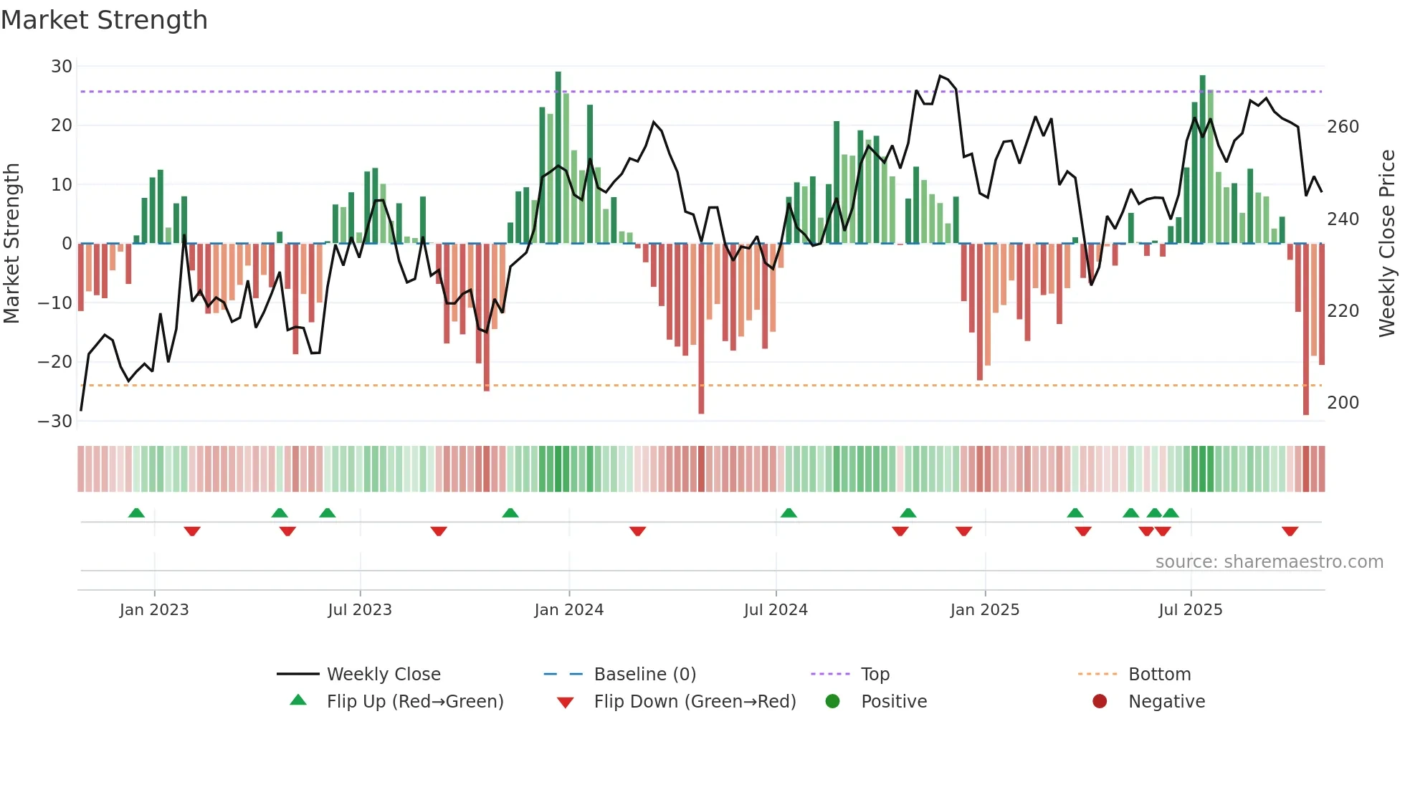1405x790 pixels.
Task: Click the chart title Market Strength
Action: click(105, 20)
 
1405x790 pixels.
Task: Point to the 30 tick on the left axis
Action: click(62, 67)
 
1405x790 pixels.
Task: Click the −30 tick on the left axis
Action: click(56, 421)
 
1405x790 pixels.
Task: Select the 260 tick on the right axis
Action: click(1343, 127)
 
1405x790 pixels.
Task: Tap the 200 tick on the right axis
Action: click(1343, 403)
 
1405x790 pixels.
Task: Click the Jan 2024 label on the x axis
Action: click(568, 610)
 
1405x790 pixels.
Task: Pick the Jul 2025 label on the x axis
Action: click(1190, 610)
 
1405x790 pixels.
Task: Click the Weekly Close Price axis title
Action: click(1387, 244)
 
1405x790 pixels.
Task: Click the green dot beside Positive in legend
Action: click(832, 701)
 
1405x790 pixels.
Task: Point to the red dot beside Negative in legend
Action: click(1100, 701)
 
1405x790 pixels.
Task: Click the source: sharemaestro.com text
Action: click(1269, 562)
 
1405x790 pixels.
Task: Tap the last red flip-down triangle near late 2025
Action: click(1290, 531)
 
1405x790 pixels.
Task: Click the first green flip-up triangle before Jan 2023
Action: click(136, 513)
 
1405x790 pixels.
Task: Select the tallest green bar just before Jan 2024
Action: click(558, 158)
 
